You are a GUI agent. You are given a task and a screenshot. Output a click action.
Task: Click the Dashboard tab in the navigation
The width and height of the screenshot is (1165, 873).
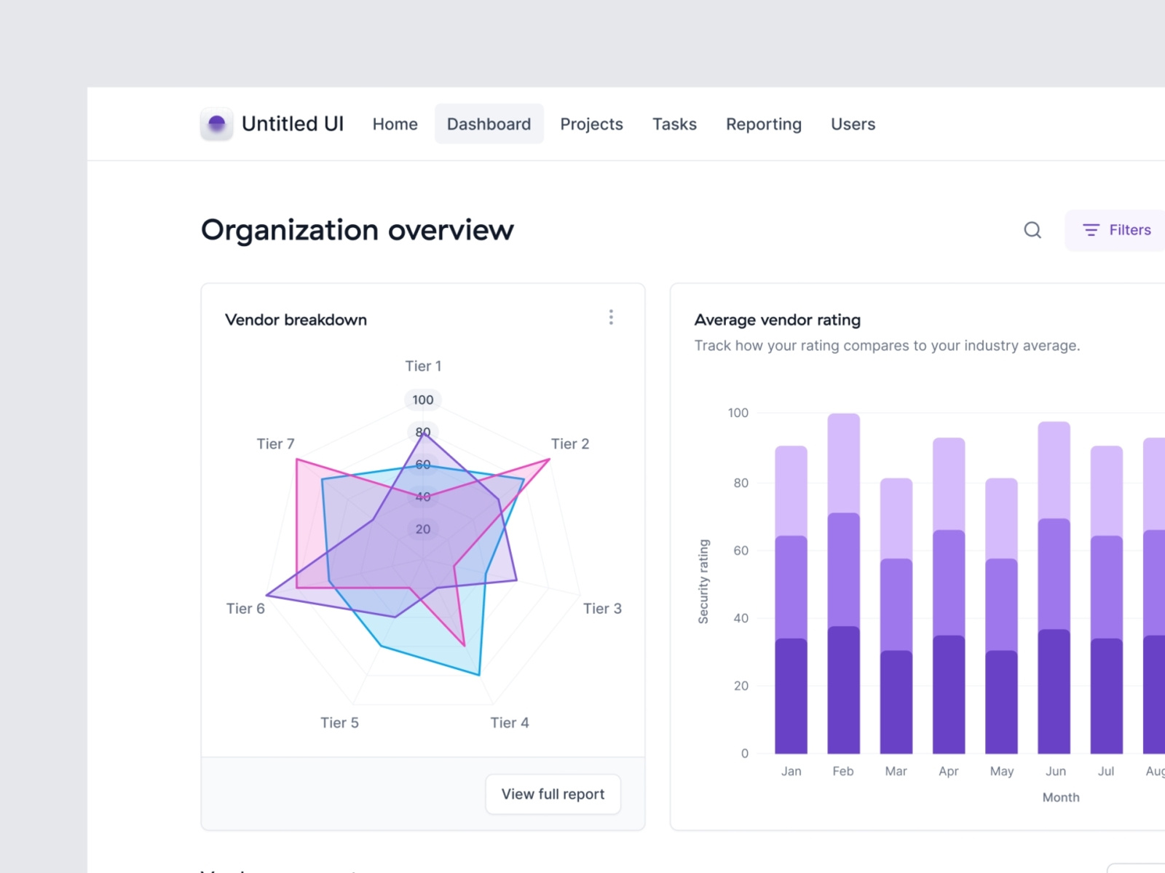[489, 125]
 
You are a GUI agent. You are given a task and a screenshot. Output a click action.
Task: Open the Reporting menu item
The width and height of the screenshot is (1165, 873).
[763, 125]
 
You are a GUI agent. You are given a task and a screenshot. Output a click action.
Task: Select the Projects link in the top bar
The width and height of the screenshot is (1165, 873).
[591, 125]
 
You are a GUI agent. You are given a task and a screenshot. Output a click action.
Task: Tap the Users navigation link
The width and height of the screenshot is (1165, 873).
[853, 125]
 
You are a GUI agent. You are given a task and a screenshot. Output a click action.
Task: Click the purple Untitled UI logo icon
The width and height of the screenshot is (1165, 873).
[216, 125]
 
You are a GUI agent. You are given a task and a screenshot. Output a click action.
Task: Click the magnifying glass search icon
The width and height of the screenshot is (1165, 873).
[1032, 230]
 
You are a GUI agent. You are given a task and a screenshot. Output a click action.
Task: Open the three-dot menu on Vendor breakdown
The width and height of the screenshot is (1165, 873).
[611, 317]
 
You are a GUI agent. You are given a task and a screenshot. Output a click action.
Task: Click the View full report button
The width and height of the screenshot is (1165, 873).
[553, 794]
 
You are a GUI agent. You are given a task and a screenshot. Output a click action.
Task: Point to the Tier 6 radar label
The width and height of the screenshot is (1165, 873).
[245, 609]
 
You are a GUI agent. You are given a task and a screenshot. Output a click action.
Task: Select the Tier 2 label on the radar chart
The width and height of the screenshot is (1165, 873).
[569, 444]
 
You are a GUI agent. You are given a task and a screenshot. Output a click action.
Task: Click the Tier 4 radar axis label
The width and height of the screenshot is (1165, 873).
[509, 723]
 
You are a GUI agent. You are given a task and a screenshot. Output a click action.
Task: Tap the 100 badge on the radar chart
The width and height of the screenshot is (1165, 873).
[422, 400]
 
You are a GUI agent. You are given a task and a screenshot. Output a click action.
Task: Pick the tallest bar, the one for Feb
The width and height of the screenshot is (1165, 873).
[843, 582]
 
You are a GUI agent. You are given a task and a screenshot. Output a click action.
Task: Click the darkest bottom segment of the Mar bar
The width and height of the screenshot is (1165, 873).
[896, 703]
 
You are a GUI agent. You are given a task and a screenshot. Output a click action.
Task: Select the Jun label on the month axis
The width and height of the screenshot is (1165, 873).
[1055, 771]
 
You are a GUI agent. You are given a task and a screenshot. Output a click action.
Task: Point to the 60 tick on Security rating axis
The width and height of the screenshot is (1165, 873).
[741, 550]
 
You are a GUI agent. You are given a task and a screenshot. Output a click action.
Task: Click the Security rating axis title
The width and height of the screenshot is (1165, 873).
[703, 582]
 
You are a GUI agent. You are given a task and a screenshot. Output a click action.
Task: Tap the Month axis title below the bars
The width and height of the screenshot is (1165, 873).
[1060, 797]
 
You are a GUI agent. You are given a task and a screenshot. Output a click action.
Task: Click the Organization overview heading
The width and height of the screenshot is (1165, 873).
[357, 230]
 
